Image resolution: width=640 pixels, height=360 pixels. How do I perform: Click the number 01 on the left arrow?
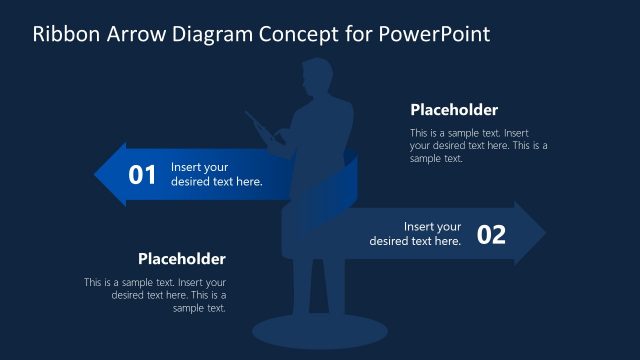click(142, 175)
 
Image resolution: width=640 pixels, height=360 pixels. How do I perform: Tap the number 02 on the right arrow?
click(491, 235)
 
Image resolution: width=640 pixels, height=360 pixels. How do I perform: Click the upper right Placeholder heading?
click(454, 110)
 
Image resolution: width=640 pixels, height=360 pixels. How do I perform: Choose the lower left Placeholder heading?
click(182, 258)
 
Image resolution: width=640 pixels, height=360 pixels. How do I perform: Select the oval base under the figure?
click(313, 330)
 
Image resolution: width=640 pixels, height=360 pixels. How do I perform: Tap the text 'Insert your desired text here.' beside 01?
click(216, 175)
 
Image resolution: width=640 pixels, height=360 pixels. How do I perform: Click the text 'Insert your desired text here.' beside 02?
click(416, 234)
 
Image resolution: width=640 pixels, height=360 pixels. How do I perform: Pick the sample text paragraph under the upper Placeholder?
click(478, 145)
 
